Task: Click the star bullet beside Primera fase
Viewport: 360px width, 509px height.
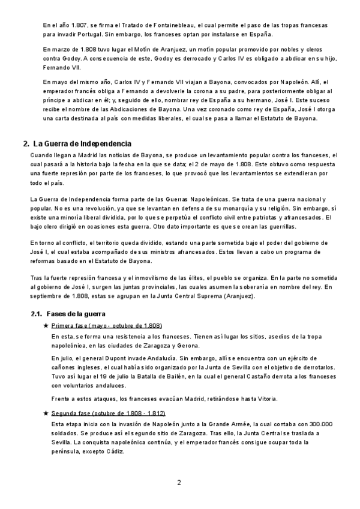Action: coord(46,325)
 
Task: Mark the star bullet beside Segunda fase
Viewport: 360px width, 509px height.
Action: coord(46,414)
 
